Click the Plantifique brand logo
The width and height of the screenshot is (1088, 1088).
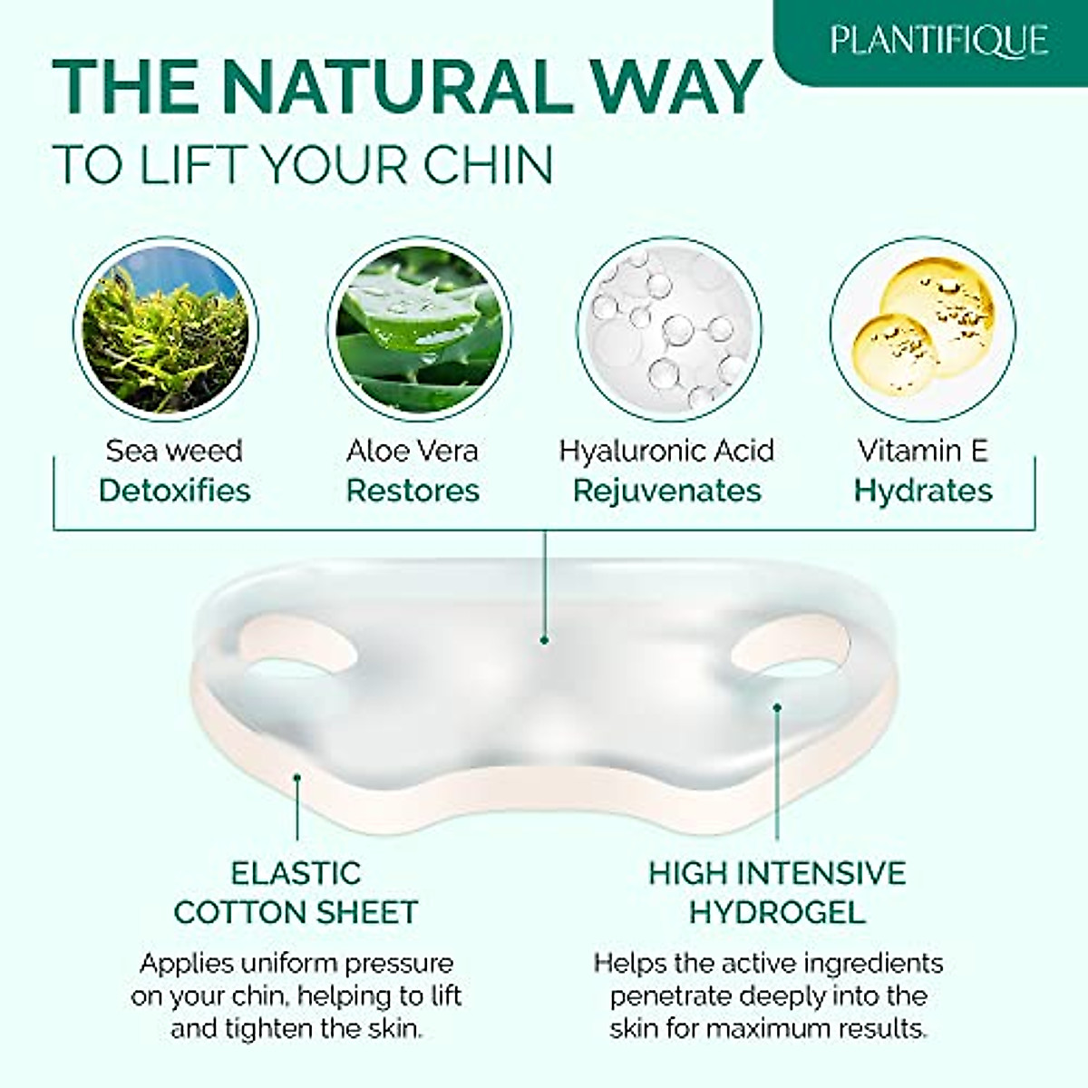(938, 41)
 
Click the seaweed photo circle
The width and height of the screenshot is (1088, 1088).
(165, 329)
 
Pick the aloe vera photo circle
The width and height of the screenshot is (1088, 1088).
(419, 329)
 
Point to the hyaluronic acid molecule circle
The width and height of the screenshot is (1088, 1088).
(669, 329)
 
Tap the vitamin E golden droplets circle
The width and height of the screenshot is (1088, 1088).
(922, 329)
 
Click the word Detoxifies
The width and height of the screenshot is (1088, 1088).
(174, 491)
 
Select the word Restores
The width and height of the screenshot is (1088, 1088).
(413, 491)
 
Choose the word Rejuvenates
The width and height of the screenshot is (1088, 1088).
(667, 491)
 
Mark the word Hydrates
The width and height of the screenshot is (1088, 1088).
(923, 491)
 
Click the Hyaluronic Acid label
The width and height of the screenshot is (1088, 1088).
(666, 451)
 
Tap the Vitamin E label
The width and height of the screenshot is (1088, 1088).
(923, 451)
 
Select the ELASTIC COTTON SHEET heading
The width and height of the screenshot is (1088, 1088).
(296, 892)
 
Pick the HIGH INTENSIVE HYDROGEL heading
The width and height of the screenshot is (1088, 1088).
(777, 892)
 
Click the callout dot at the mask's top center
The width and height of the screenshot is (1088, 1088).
(544, 639)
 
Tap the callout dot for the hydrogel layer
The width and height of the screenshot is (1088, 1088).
(777, 706)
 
